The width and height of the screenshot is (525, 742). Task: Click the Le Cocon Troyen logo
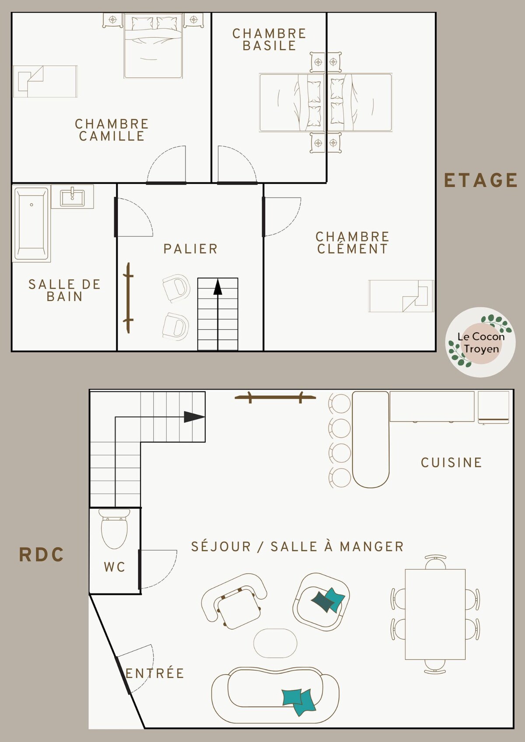click(x=480, y=342)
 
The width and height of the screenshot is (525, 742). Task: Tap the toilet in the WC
click(x=114, y=529)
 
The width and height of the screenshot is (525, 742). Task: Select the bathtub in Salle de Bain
click(x=31, y=223)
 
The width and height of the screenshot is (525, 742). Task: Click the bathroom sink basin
click(x=72, y=198)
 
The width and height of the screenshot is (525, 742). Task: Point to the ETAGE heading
click(x=480, y=180)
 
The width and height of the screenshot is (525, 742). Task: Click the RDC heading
click(x=42, y=554)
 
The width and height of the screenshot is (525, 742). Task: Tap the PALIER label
click(x=190, y=249)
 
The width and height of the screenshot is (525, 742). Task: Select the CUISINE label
click(x=451, y=463)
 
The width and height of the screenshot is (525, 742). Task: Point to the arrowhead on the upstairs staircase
click(x=218, y=287)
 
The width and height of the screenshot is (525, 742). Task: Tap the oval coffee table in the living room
click(x=275, y=643)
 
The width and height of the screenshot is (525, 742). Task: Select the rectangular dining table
click(x=435, y=614)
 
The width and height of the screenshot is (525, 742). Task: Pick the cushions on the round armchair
click(x=328, y=600)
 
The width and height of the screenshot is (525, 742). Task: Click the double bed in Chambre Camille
click(x=153, y=46)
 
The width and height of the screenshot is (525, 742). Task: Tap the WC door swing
click(x=158, y=569)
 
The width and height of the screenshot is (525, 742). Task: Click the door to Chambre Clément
click(x=282, y=217)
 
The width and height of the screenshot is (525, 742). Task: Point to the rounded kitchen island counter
click(x=371, y=439)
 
